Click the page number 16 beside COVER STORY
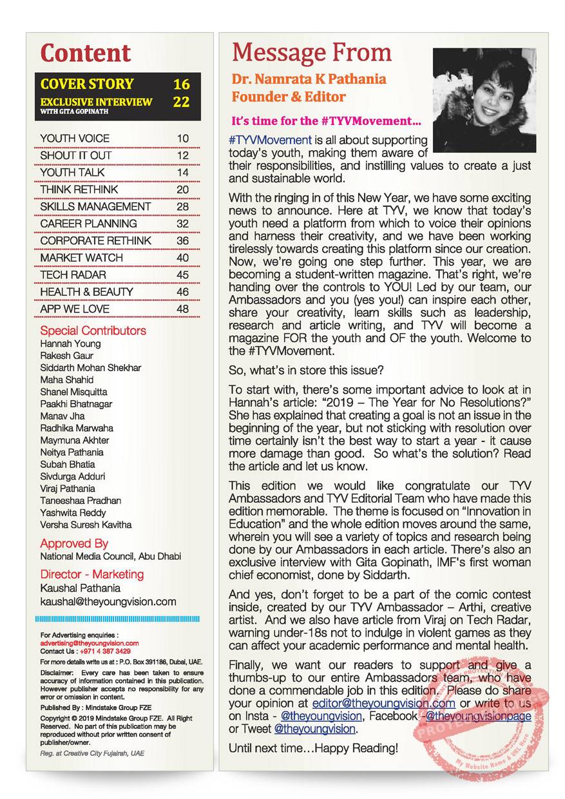coord(182,84)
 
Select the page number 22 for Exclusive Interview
coord(182,102)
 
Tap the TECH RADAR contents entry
coord(69,274)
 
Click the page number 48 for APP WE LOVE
coord(183,309)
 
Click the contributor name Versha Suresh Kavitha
coord(86,525)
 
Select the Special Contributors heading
coord(93,331)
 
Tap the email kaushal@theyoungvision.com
coord(108,602)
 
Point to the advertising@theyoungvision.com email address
coord(90,643)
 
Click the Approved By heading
coord(74,543)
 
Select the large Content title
coord(86,53)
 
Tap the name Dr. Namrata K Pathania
coord(309,79)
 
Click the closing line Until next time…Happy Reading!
coord(314,748)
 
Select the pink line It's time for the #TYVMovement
coord(326,120)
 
